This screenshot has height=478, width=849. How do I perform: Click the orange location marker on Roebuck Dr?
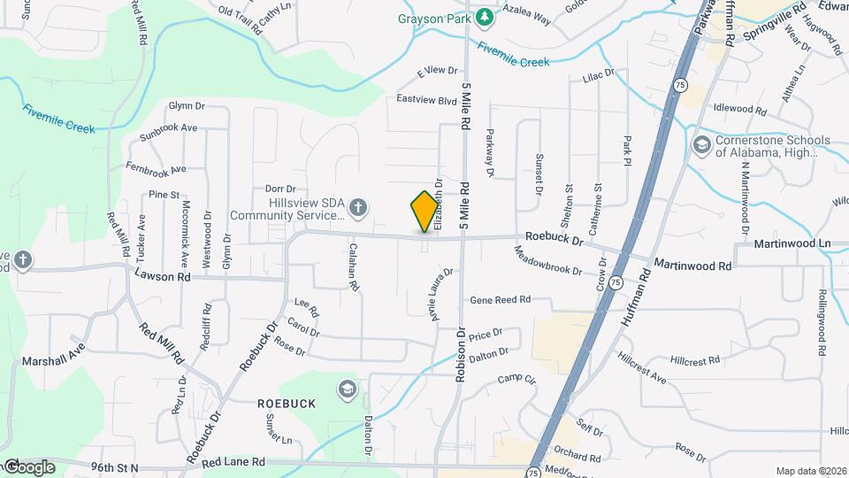point(425,212)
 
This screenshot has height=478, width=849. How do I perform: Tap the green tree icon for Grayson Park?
point(484,17)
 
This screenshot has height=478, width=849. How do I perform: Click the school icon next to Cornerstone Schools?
point(701,144)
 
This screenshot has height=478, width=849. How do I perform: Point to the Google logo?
point(28,466)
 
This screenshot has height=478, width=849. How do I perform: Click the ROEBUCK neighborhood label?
point(286,403)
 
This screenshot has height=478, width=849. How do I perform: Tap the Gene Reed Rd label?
point(500,300)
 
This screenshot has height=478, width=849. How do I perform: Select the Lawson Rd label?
point(163,276)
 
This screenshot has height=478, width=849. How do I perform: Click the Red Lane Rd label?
point(233,462)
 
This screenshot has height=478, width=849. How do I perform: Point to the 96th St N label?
point(114,466)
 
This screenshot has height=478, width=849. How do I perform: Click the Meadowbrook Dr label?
point(548,261)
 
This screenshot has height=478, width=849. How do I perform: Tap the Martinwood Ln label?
point(789,243)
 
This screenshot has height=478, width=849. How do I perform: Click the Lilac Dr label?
point(599,78)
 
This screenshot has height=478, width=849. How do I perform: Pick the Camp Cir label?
point(517,380)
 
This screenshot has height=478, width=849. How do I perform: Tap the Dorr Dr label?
point(279,189)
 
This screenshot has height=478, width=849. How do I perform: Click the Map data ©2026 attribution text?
point(810,470)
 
